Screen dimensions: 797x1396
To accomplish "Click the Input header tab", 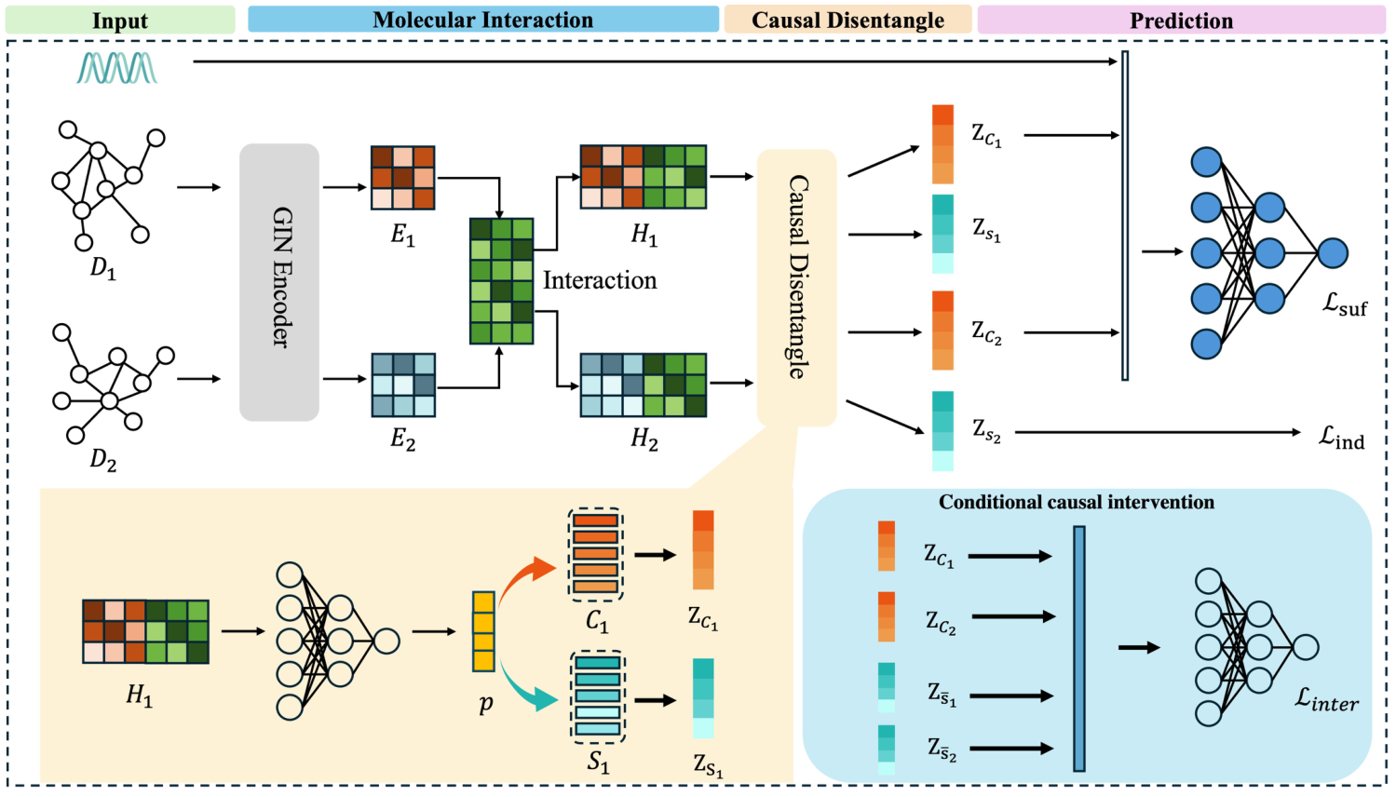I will (120, 20).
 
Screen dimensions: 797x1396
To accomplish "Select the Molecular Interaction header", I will (482, 20).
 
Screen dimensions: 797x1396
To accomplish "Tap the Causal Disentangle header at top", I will (847, 20).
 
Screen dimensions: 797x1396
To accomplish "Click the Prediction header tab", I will (1181, 20).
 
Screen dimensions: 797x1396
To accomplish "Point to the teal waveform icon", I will (116, 68).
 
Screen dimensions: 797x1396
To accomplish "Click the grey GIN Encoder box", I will (279, 282).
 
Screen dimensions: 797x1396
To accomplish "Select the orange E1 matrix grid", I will (402, 178).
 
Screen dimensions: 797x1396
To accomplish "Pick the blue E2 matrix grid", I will (402, 385).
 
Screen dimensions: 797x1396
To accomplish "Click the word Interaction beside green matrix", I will (600, 280).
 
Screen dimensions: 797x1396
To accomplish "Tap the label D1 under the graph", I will (102, 268).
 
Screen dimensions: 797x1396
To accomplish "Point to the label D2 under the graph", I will (102, 459).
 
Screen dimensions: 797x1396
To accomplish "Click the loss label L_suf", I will (1345, 304).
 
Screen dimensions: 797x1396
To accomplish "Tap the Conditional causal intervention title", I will (1076, 503).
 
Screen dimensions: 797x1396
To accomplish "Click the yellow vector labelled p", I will (483, 631).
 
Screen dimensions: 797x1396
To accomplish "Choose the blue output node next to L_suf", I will (1333, 253).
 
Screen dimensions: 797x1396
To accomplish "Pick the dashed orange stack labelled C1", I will (595, 555).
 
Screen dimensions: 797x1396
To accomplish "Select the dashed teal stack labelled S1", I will (597, 696).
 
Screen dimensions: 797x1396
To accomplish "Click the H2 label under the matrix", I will (644, 439).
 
